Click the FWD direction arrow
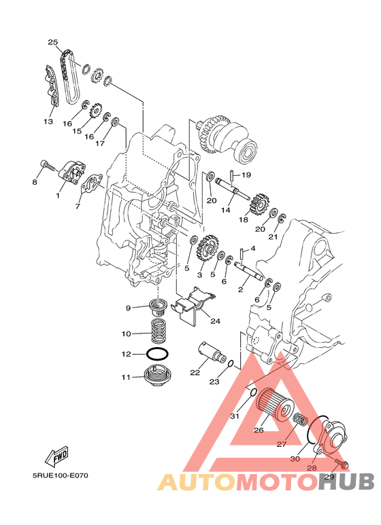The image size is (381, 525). click(57, 457)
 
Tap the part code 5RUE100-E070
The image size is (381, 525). click(61, 475)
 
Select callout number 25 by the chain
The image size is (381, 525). click(52, 42)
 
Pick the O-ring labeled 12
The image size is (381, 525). click(157, 355)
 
